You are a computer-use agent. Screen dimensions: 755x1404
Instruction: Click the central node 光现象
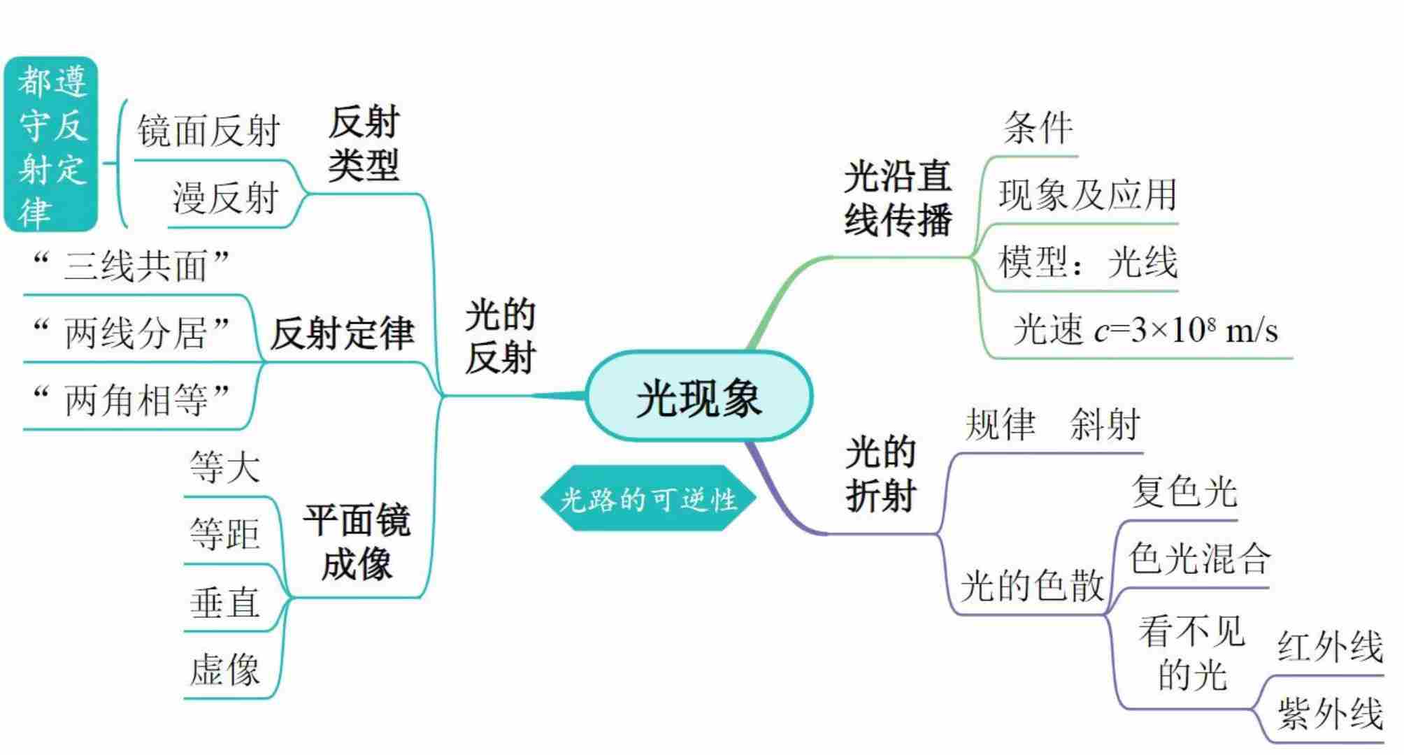pos(699,397)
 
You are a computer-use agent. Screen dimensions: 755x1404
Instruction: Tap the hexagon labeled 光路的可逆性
pos(648,499)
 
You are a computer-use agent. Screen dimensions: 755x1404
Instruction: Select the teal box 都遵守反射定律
pos(52,145)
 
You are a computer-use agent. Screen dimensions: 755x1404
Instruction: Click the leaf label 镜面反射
pos(208,131)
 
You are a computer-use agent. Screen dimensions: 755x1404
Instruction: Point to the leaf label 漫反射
pos(225,198)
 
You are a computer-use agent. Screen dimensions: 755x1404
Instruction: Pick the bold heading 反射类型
pos(364,144)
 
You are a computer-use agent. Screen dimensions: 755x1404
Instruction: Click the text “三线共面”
pos(132,266)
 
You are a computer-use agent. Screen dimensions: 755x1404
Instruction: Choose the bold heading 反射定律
pos(342,333)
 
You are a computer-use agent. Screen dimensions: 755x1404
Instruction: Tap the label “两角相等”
pos(132,400)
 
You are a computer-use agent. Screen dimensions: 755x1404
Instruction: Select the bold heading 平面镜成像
pos(356,542)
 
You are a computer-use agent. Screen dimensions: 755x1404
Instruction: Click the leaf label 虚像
pos(224,670)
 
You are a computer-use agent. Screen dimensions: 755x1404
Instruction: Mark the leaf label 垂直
pos(224,603)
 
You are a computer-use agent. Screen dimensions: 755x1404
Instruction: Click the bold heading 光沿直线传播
pos(898,198)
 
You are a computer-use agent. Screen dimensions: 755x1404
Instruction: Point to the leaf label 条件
pos(1038,128)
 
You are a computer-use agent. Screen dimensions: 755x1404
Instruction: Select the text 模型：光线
pos(1087,262)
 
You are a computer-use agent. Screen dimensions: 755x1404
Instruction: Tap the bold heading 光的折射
pos(880,474)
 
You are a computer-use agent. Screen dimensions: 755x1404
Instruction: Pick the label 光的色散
pos(1031,585)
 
